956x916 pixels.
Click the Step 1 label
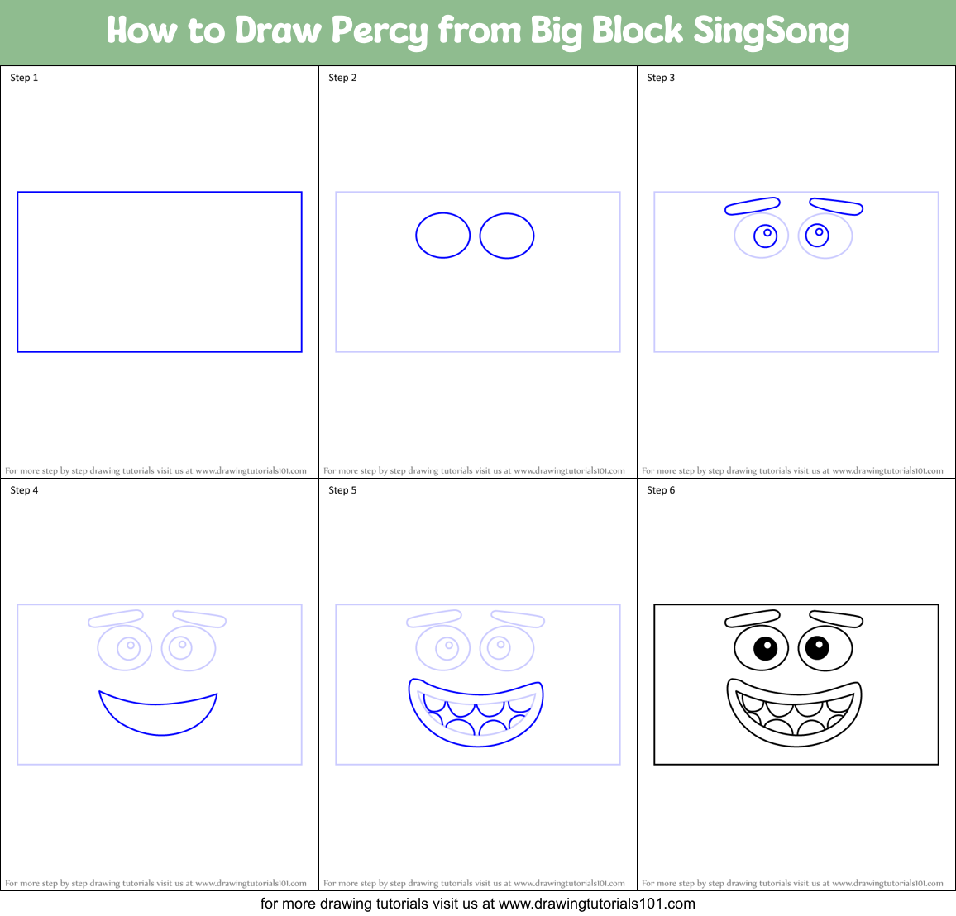24,78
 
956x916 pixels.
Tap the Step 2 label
342,78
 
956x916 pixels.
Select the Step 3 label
661,78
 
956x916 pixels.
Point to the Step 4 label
24,490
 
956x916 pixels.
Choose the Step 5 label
342,490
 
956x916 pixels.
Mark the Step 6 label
661,490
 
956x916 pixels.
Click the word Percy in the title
380,31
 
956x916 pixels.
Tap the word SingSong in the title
771,31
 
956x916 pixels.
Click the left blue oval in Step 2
443,236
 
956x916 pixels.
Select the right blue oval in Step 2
507,236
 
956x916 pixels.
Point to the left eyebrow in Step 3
753,205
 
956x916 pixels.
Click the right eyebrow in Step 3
836,206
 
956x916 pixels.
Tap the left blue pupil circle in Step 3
766,236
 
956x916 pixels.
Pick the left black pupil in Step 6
766,648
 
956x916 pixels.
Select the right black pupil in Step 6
817,648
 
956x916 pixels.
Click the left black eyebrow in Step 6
753,618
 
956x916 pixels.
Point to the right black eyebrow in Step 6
836,618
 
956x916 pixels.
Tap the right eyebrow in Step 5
518,618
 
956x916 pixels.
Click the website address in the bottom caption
596,904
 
